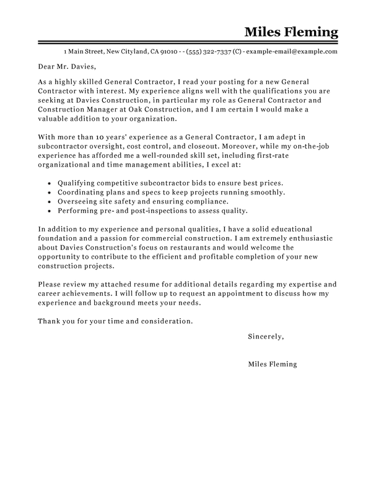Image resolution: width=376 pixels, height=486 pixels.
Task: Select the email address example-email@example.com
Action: pos(295,51)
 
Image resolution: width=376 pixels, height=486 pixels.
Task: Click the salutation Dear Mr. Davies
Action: pos(68,66)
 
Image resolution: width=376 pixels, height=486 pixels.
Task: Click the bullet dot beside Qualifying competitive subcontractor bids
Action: pos(49,184)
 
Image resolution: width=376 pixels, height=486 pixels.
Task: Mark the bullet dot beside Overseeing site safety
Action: pos(49,203)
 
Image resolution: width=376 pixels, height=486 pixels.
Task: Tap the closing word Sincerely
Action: pos(265,337)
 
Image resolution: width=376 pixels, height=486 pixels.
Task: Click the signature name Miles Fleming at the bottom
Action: pos(272,364)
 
